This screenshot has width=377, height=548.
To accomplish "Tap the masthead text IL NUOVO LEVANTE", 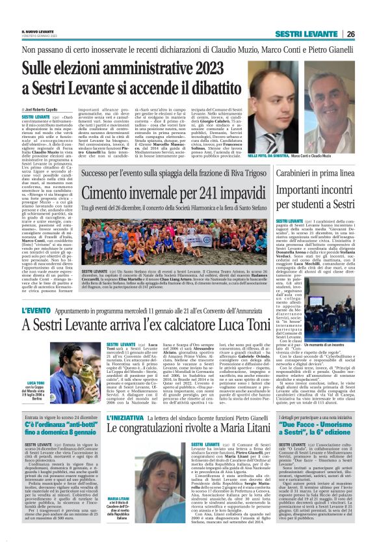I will (x=38, y=13).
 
